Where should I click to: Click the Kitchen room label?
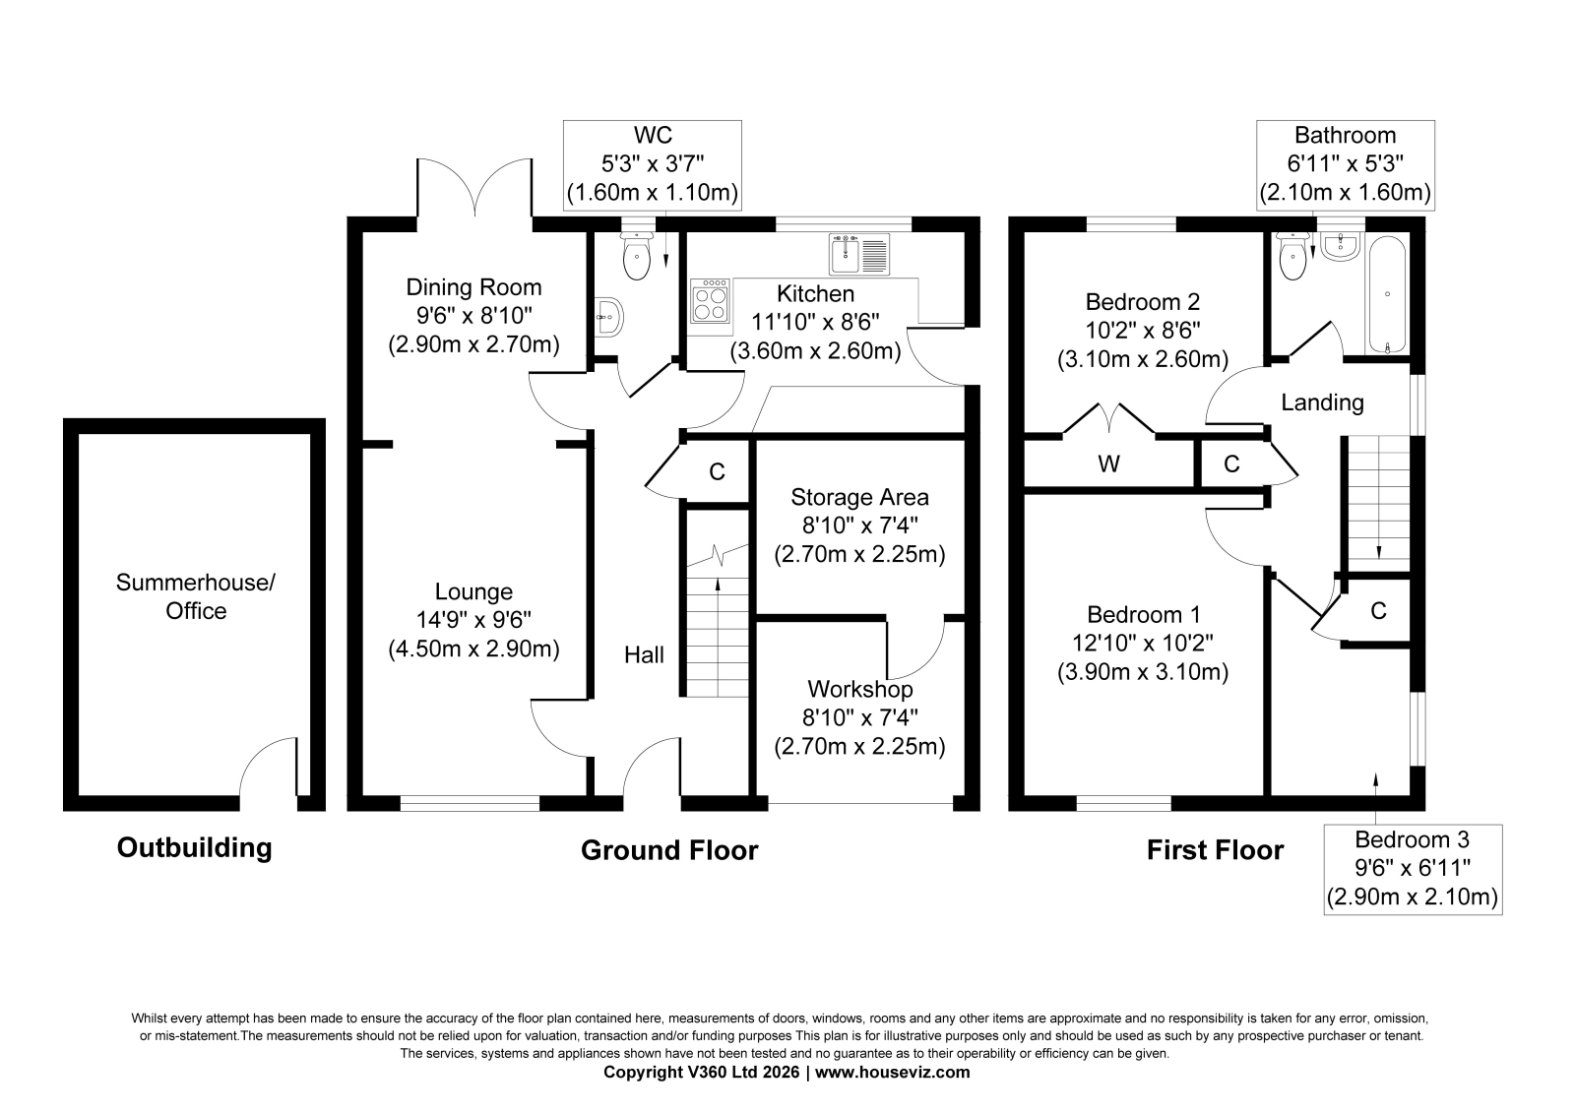(816, 293)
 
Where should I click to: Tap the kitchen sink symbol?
(859, 254)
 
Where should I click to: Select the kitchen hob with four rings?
(710, 301)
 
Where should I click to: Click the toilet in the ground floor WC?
(637, 255)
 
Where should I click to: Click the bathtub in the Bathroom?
(1386, 294)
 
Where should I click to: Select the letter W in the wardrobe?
(1108, 464)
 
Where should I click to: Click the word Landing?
(1323, 402)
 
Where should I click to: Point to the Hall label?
(644, 654)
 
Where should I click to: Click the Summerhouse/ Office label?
(196, 596)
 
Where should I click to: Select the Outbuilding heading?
(194, 848)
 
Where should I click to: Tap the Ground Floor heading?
(669, 851)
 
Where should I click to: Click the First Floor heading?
(1215, 851)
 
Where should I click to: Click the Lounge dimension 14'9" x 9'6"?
(473, 620)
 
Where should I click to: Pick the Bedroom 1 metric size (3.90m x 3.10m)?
(1143, 672)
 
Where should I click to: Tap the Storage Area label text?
(860, 497)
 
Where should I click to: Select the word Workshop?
(860, 689)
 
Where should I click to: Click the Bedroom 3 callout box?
(1413, 869)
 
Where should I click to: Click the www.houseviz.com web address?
(892, 1073)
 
